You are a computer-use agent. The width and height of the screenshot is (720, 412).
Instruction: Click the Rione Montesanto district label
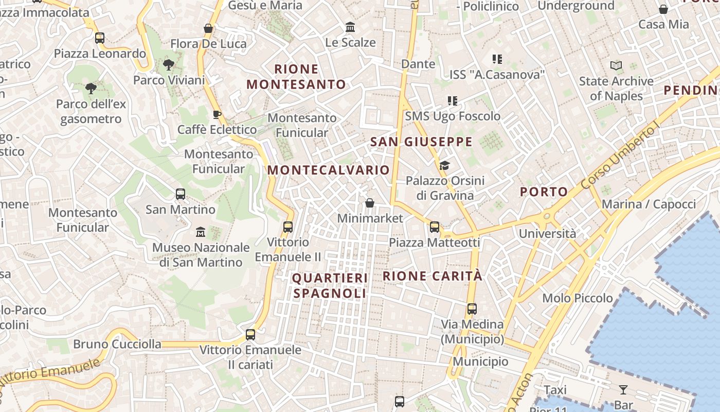coord(296,77)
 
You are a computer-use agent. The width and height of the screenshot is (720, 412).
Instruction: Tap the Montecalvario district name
coord(329,170)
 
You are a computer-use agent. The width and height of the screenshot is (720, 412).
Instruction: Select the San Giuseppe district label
coord(421,142)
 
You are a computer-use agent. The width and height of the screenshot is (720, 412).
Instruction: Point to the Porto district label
coord(544,192)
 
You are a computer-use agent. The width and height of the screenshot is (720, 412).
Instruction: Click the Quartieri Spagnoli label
coord(330,286)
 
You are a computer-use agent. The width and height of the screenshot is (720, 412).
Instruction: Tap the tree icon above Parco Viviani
coord(168,65)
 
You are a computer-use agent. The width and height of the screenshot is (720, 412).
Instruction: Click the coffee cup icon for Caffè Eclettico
coord(217,114)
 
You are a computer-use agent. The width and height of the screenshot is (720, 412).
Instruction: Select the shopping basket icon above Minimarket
coord(369,203)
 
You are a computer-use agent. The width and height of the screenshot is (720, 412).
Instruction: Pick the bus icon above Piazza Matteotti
coord(435,227)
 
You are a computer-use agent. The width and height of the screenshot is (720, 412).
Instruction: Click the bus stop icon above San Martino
coord(180,194)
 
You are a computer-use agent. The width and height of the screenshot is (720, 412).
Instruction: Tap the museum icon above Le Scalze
coord(350,27)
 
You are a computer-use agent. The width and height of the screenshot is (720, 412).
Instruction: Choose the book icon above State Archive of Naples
coord(616,65)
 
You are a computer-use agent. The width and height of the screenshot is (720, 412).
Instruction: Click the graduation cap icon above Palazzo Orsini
coord(444,165)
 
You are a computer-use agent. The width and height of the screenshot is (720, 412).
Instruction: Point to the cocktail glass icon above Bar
coord(623,390)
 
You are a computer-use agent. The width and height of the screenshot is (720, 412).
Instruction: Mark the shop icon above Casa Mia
coord(663,9)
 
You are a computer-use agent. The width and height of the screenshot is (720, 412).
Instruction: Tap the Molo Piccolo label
coord(578,298)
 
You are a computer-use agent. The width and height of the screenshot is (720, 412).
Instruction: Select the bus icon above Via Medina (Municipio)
coord(472,309)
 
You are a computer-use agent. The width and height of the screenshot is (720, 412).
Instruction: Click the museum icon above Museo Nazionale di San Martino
coord(201,232)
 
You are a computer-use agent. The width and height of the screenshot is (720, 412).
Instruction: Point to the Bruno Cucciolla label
coord(117,344)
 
